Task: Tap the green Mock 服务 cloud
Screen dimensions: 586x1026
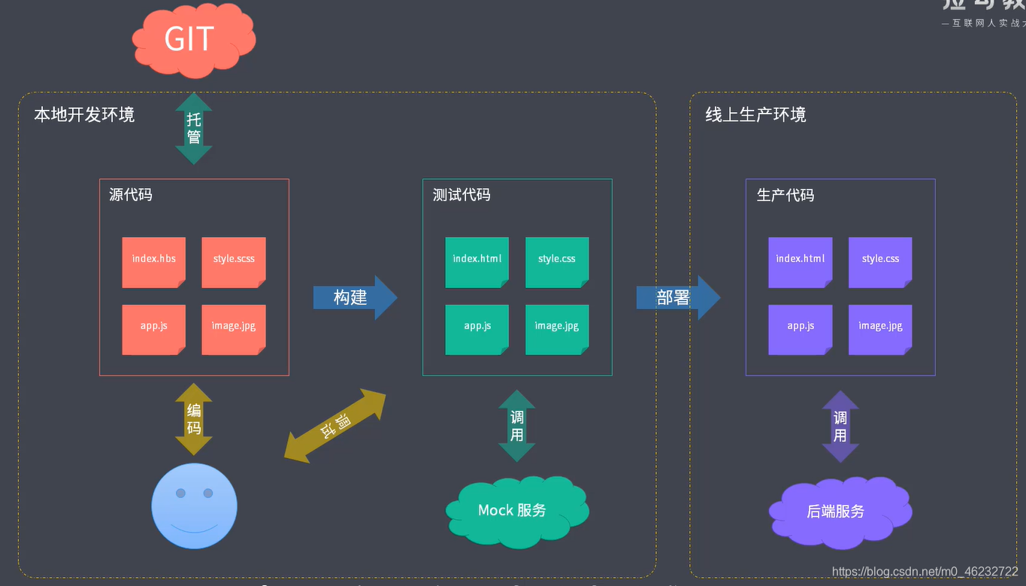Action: point(514,510)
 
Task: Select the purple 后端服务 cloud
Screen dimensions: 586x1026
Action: point(837,511)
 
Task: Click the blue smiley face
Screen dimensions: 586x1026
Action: point(194,506)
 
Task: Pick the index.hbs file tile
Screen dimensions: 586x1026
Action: point(154,262)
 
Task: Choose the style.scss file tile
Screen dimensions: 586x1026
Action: point(234,262)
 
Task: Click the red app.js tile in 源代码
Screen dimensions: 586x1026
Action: point(154,329)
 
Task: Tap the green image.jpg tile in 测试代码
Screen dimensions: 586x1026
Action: point(557,329)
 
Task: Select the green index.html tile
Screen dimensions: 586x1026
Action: point(477,262)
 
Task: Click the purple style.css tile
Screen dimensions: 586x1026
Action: point(880,262)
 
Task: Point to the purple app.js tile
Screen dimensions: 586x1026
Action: point(801,329)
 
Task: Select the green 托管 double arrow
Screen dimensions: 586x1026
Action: point(194,129)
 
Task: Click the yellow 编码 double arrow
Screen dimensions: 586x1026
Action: point(194,419)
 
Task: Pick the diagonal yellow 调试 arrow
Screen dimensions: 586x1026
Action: point(335,425)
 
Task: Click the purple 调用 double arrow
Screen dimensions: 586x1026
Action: point(840,427)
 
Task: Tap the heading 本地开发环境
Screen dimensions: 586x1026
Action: point(84,115)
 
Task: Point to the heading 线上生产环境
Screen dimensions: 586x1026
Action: point(755,115)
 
